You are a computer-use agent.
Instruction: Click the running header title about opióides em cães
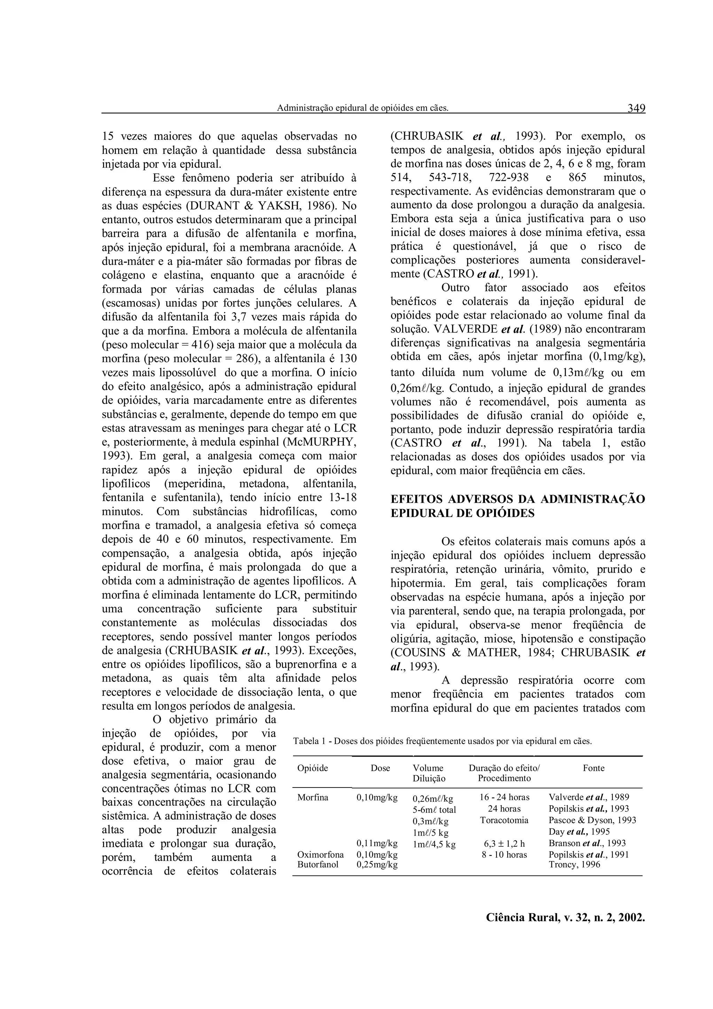[362, 108]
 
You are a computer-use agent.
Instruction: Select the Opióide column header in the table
[312, 768]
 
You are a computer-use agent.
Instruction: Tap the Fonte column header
[594, 768]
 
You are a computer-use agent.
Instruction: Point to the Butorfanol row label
[318, 865]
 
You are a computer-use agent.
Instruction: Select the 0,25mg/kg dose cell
[377, 865]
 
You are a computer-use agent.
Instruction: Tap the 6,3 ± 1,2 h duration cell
[504, 843]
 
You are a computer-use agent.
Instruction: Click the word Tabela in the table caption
[305, 741]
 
